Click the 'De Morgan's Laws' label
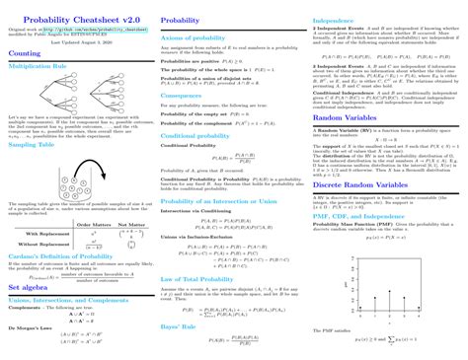[x=30, y=325]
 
